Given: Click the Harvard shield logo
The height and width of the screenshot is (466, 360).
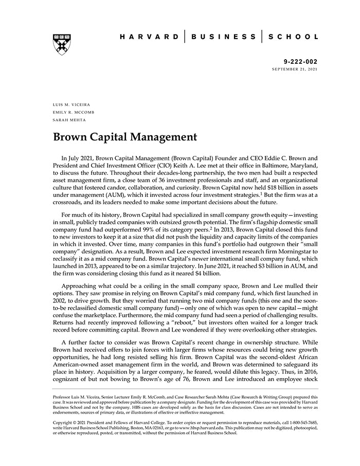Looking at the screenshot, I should pos(61,44).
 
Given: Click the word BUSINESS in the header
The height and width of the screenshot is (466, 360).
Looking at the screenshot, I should pos(223,37).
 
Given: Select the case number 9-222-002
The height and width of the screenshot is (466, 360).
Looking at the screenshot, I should pos(303,61).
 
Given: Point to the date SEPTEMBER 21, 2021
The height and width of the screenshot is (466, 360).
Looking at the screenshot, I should pos(295,68).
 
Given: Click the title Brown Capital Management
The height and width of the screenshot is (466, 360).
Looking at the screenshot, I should pos(125,137).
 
